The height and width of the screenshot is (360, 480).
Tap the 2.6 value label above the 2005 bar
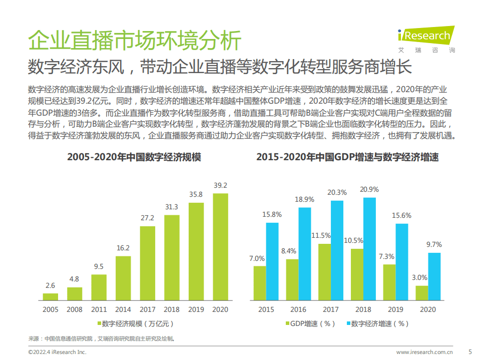(50, 285)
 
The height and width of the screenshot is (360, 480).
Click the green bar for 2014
(123, 278)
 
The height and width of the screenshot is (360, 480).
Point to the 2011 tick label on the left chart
(99, 309)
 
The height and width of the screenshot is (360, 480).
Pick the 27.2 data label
(147, 218)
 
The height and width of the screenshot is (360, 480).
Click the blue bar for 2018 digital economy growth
(369, 248)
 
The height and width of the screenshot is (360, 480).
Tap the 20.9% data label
(369, 189)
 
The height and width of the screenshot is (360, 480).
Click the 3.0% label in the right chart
(419, 277)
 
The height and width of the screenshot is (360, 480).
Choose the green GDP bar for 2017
(324, 271)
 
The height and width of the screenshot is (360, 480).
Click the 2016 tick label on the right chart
(298, 309)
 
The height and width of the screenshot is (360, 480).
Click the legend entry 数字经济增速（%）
(377, 323)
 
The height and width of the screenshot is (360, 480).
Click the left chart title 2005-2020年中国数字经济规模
(134, 157)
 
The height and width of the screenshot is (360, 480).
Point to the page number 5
(469, 351)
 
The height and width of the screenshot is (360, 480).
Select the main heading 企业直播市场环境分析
(135, 41)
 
